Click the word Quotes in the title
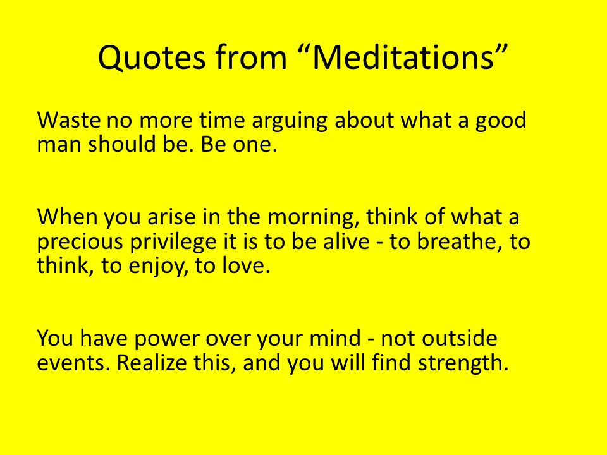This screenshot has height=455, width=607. pyautogui.click(x=151, y=58)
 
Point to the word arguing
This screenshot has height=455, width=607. pyautogui.click(x=289, y=122)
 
